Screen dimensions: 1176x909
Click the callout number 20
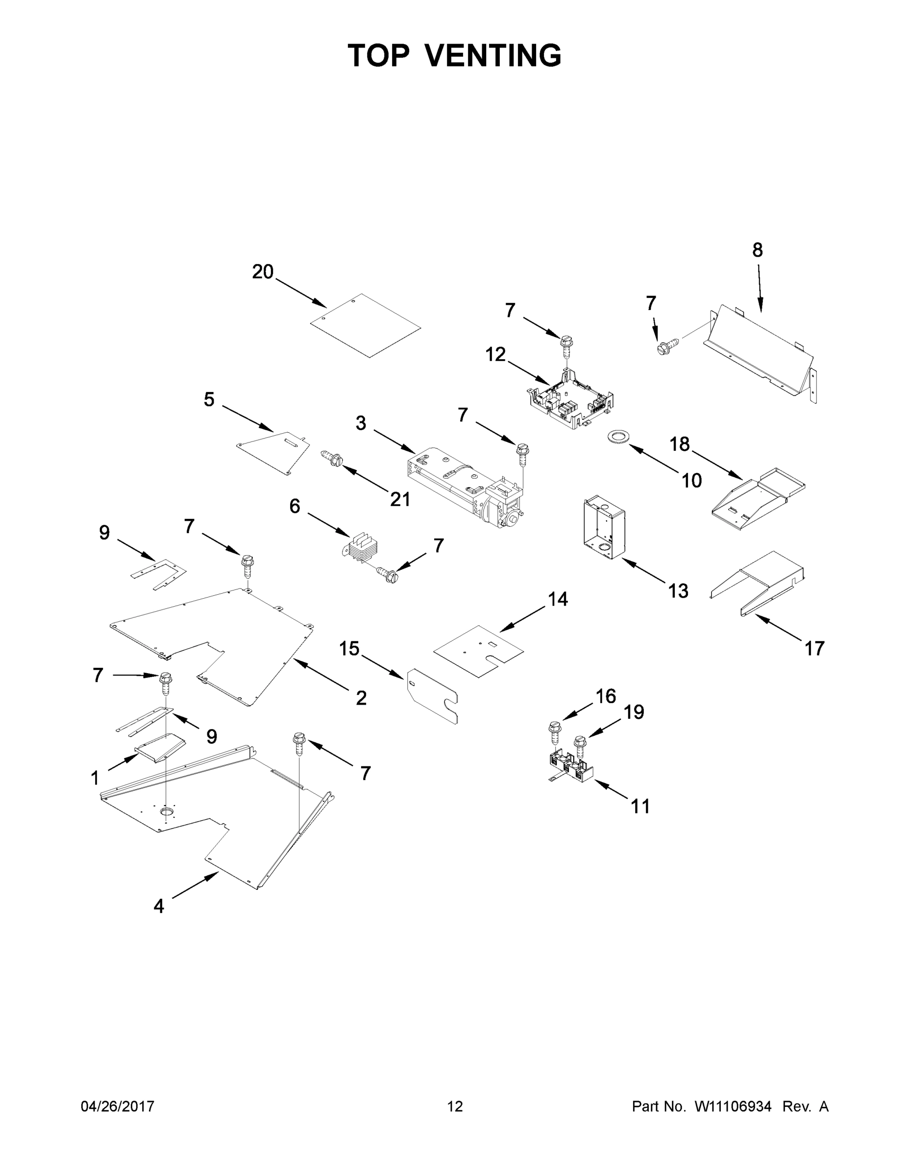pyautogui.click(x=263, y=272)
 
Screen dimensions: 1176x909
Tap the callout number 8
pyautogui.click(x=757, y=250)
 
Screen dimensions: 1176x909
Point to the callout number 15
pyautogui.click(x=349, y=649)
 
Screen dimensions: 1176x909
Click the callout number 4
pyautogui.click(x=158, y=906)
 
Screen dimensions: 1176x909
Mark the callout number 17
pyautogui.click(x=814, y=648)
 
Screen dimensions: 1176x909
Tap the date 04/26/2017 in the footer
pyautogui.click(x=118, y=1106)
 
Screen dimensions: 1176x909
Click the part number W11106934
pyautogui.click(x=733, y=1106)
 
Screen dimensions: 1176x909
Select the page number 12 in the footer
pyautogui.click(x=455, y=1106)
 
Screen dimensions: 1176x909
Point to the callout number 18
pyautogui.click(x=680, y=444)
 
